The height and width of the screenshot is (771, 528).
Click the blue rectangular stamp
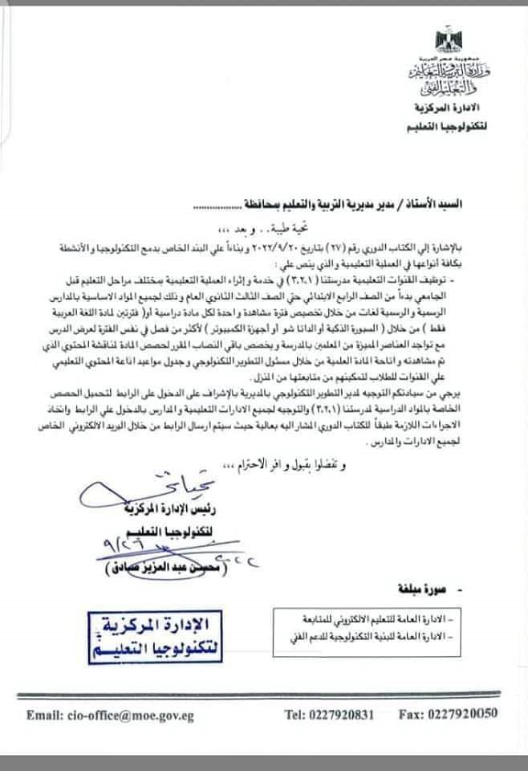coord(152,635)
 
